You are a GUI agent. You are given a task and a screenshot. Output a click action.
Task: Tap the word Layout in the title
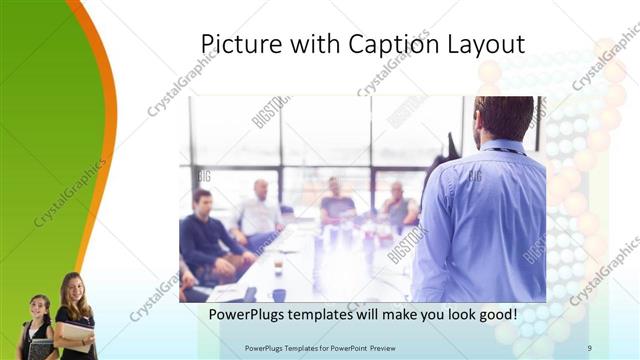[485, 45]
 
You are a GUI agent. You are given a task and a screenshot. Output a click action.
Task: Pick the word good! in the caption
[495, 313]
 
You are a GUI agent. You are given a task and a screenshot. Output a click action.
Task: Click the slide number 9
[589, 347]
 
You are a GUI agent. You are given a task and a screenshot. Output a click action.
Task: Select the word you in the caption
[430, 314]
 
